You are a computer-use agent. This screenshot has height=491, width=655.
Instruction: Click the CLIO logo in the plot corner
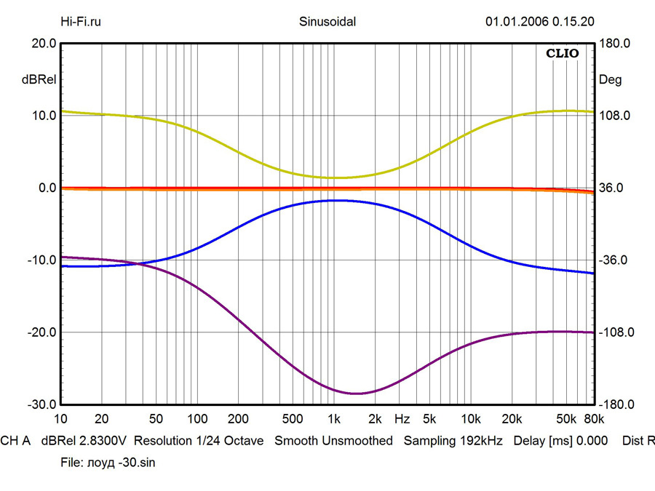(563, 53)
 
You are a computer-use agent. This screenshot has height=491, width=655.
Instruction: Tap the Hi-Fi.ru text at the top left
(81, 21)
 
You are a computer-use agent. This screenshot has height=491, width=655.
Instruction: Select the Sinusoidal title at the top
(327, 21)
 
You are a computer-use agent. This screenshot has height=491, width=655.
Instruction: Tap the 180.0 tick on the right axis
(614, 44)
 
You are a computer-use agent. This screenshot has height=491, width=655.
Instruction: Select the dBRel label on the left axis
(40, 80)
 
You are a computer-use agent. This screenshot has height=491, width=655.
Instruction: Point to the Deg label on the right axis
(610, 80)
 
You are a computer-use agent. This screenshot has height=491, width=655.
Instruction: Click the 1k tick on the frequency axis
(334, 419)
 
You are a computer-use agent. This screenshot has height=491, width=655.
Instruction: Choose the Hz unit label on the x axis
(402, 419)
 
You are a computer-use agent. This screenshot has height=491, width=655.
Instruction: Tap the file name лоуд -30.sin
(124, 462)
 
